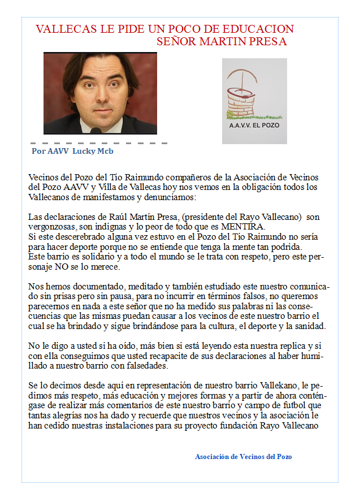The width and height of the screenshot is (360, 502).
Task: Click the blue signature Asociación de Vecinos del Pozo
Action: click(x=243, y=456)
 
